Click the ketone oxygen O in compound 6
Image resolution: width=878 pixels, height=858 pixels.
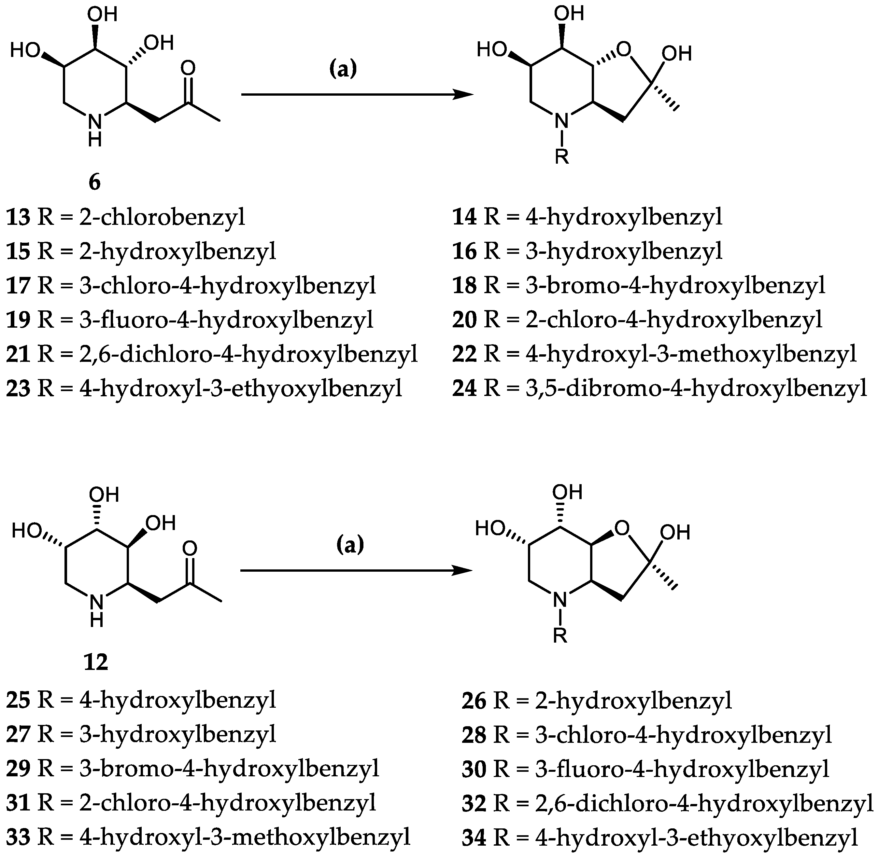[x=188, y=69]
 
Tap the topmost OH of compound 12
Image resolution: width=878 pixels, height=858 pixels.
[x=104, y=494]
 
